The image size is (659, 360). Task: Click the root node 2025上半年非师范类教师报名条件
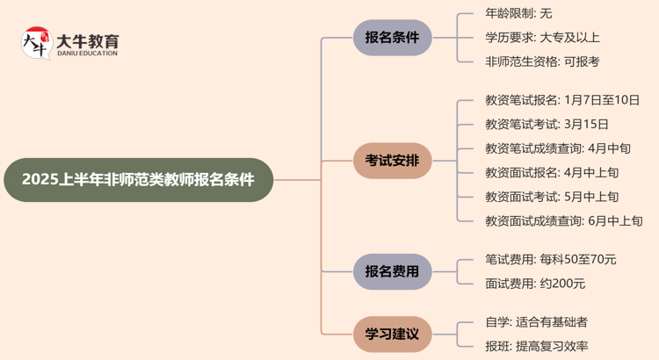(138, 180)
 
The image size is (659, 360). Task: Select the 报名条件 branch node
(392, 38)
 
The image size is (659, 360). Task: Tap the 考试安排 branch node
(392, 161)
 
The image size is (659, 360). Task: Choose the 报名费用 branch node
(392, 271)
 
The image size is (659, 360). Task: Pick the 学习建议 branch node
(392, 335)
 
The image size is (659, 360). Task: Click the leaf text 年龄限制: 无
(518, 13)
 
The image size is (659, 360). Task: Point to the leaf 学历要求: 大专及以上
(542, 38)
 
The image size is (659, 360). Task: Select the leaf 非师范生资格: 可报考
(542, 62)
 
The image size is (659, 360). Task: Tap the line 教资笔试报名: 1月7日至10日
(562, 100)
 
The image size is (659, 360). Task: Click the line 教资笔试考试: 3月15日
(547, 125)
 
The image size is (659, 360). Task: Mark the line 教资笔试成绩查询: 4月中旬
(558, 148)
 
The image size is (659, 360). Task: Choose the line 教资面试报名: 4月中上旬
(552, 173)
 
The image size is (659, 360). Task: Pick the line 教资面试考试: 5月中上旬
(552, 197)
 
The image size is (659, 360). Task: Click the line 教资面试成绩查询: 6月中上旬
(563, 221)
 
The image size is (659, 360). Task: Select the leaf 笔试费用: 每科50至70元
(551, 259)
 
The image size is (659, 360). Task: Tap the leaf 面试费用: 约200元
(535, 284)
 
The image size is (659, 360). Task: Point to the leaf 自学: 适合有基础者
(536, 322)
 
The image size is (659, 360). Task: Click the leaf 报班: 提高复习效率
(536, 347)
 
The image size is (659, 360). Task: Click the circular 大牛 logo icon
(36, 43)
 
